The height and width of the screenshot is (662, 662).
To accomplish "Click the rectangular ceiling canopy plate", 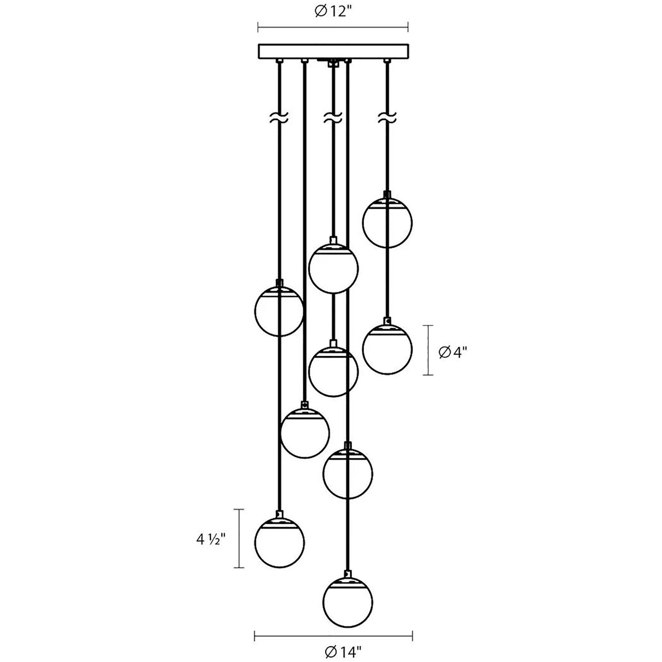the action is pos(333,51).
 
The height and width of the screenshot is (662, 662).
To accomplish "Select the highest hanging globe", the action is pos(387,222).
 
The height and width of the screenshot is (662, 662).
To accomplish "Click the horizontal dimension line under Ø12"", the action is pos(333,27).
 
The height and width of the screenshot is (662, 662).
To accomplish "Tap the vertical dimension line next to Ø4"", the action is pos(428,350).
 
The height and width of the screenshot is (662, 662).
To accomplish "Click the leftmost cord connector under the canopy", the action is pos(280,61).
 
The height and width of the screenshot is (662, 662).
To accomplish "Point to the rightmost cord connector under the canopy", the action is pos(387,61).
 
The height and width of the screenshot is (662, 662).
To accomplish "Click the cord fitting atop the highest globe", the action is pos(387,194).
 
